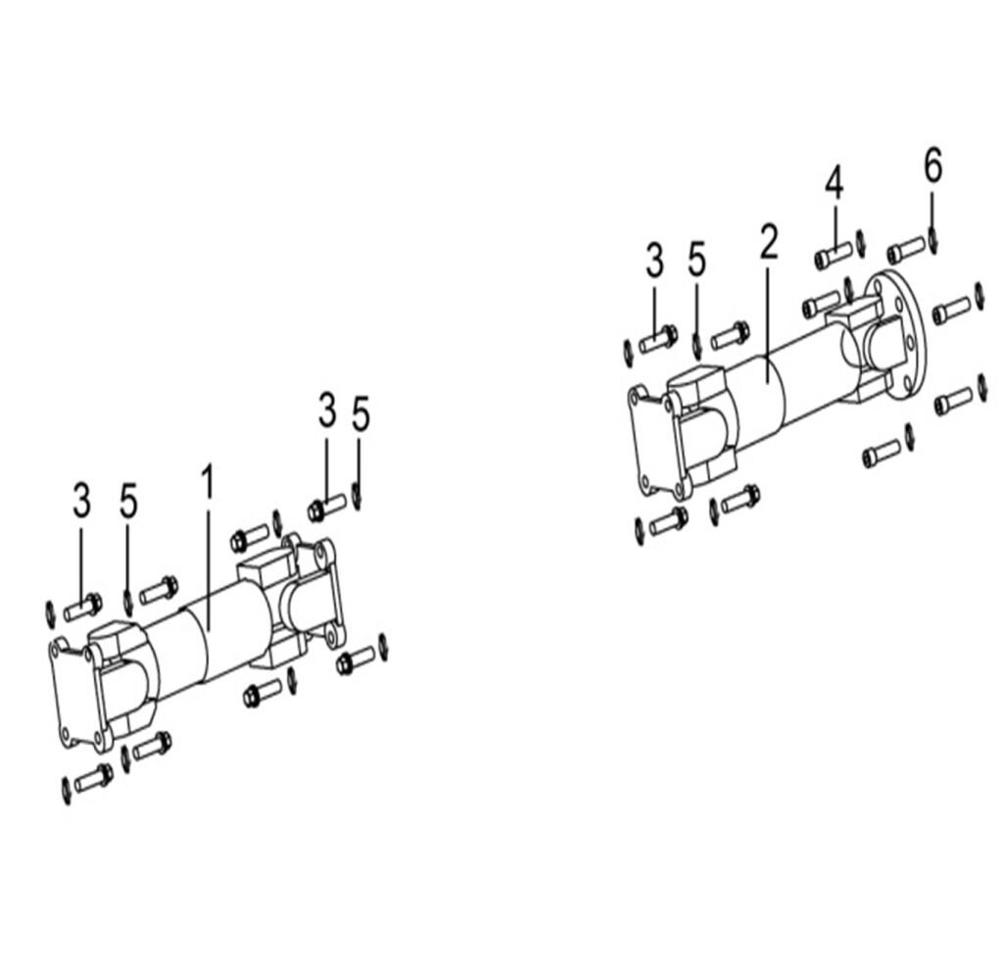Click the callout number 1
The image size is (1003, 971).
207,482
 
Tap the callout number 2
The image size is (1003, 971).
769,241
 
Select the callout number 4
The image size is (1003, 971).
834,182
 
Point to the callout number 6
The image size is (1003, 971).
932,167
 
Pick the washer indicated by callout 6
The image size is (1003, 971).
933,238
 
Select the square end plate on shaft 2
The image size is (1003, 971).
651,441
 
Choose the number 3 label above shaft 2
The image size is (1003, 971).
654,263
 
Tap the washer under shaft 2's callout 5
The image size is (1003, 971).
696,345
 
